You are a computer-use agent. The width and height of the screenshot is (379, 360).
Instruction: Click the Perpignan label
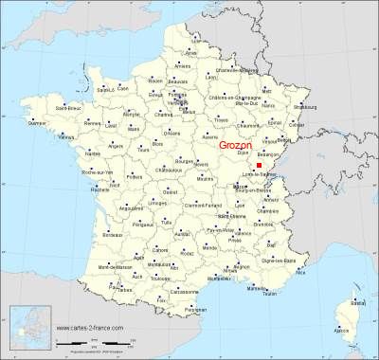[195, 310]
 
